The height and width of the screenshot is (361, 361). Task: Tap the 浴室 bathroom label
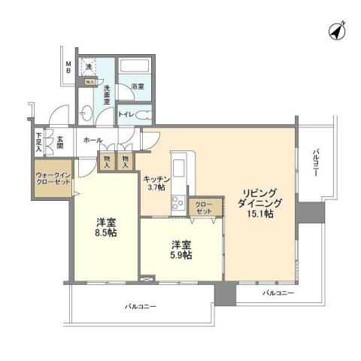pos(136,86)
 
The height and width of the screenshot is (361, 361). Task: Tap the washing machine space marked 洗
pos(88,68)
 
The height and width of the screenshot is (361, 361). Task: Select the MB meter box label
pos(67,68)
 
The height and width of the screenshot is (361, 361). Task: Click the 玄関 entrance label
pos(58,140)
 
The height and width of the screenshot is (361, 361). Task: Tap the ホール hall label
pos(93,141)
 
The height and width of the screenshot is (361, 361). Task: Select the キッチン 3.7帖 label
pos(156,181)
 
